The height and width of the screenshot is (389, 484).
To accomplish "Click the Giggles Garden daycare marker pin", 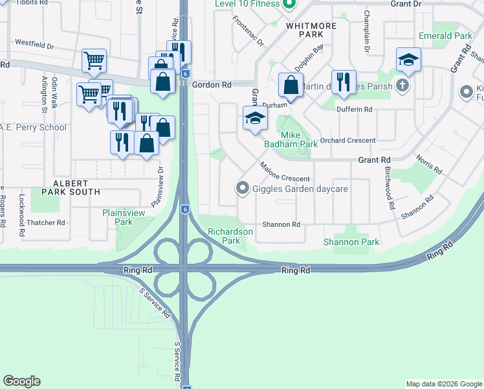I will click(x=243, y=189).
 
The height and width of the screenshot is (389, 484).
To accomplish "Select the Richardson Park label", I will click(x=224, y=236).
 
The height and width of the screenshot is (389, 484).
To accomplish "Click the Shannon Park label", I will click(x=351, y=242).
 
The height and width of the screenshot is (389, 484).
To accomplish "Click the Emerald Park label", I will click(x=445, y=36).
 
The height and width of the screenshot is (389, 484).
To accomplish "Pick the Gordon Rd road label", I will click(x=212, y=85).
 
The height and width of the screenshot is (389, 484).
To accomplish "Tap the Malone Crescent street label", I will click(x=285, y=173).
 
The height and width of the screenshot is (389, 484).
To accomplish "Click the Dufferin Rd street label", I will click(x=355, y=110).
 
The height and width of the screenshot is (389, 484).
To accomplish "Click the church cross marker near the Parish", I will click(x=402, y=85).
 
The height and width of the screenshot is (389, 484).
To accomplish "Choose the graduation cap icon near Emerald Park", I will click(x=408, y=60).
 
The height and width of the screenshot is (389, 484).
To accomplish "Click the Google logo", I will click(x=21, y=381).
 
